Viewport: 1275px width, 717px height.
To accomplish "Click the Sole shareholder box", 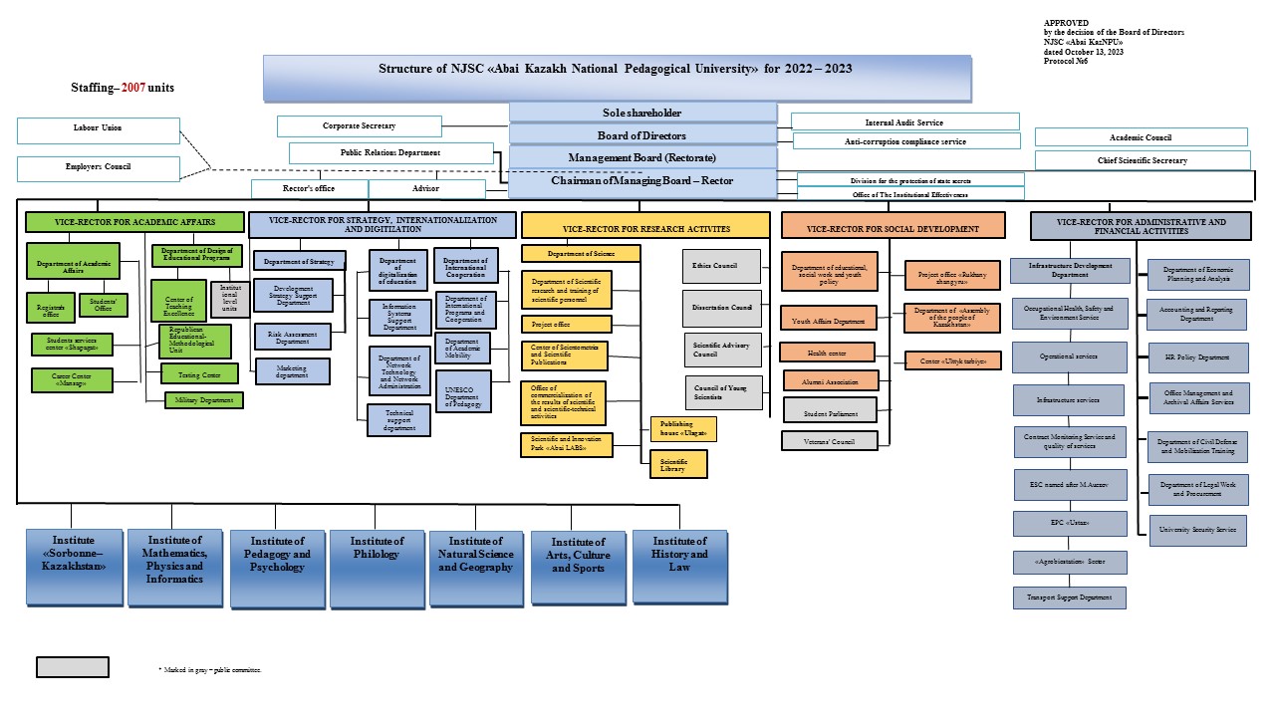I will (x=642, y=113).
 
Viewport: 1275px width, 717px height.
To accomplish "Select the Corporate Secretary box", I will (x=359, y=126).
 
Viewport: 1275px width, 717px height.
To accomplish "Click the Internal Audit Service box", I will (x=904, y=121).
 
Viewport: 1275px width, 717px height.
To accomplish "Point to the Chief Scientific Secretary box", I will (x=1142, y=160).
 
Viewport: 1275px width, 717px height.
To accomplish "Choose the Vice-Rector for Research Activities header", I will (x=645, y=229).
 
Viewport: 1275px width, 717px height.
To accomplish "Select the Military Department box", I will (x=204, y=399).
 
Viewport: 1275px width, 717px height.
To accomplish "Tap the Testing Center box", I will (x=200, y=373).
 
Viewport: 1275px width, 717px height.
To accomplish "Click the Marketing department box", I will (x=292, y=370).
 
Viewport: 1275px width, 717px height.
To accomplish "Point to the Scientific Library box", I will (x=678, y=464).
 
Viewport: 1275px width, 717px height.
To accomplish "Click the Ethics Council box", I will (x=722, y=266).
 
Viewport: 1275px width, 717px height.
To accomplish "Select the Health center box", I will (x=827, y=352).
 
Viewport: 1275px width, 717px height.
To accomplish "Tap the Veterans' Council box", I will (x=830, y=439).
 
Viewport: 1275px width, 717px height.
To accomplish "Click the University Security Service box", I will (x=1198, y=530).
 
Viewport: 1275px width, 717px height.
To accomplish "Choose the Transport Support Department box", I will (x=1070, y=597).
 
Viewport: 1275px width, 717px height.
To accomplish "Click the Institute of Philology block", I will (x=376, y=567).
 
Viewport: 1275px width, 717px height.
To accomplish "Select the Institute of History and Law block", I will (x=679, y=566).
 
